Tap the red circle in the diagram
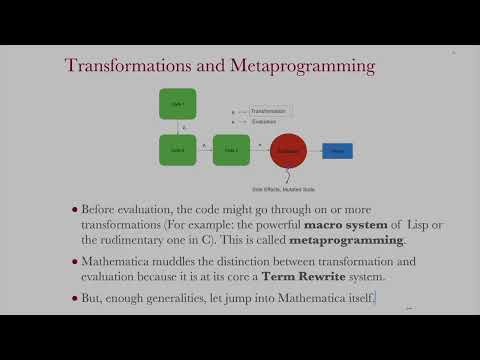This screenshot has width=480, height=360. tap(289, 151)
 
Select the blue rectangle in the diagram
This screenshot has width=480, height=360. tap(337, 151)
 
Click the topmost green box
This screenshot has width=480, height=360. tap(178, 104)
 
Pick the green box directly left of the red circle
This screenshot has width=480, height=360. tap(231, 150)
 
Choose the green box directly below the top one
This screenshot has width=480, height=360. tap(178, 150)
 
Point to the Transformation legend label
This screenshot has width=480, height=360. tap(268, 111)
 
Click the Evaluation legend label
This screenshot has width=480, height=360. tap(264, 120)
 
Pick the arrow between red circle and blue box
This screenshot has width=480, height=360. tap(314, 151)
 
